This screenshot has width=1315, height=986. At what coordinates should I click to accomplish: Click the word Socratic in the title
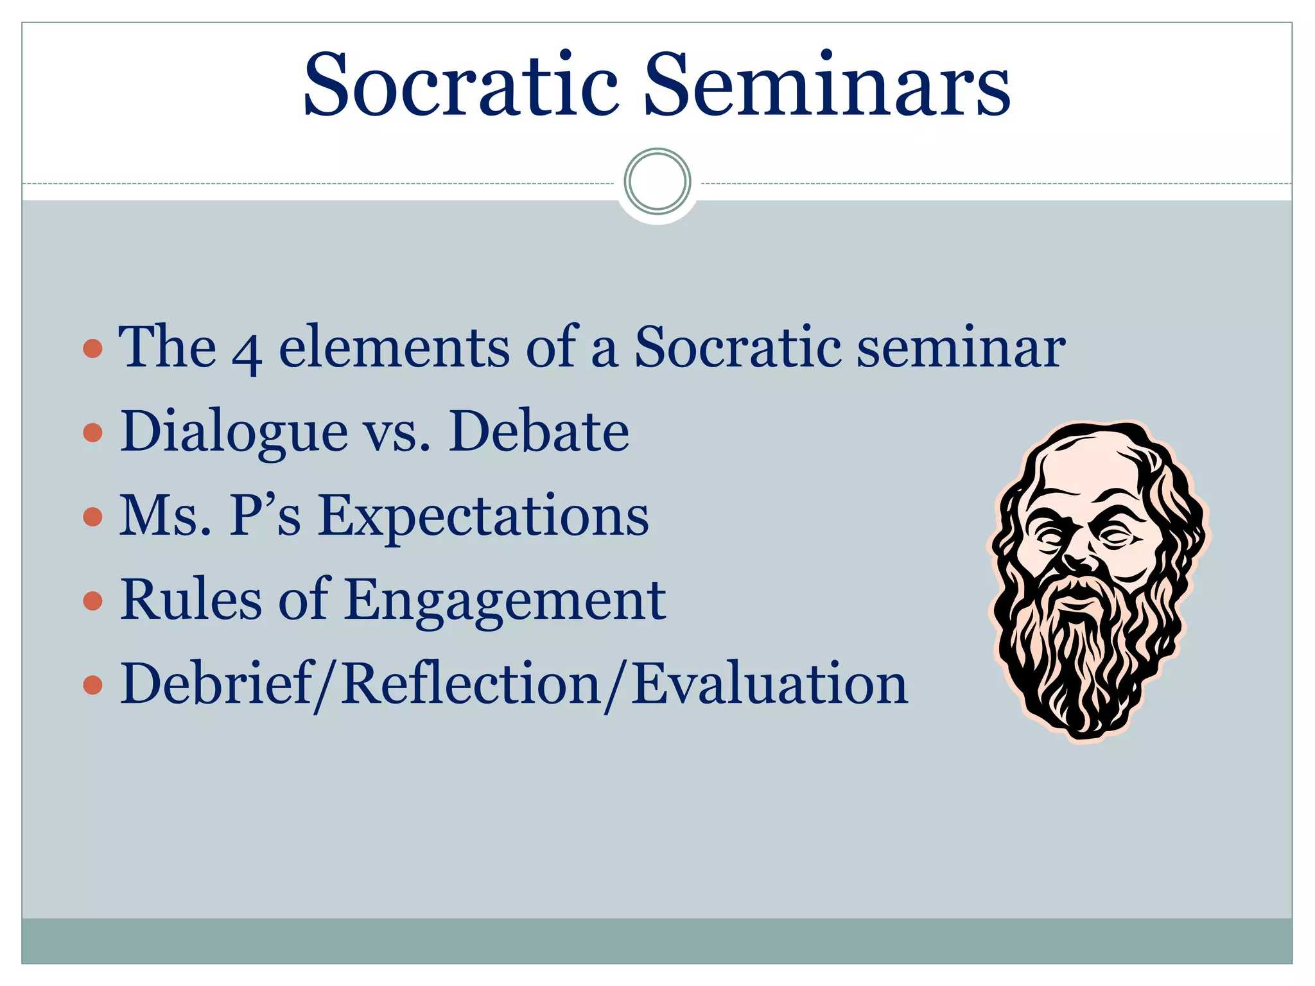[460, 85]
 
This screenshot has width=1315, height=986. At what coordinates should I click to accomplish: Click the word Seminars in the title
[826, 85]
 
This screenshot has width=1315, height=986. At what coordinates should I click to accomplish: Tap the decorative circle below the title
[657, 181]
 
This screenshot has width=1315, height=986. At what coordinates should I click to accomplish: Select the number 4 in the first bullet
[247, 352]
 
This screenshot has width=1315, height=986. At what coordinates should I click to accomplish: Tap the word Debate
[539, 431]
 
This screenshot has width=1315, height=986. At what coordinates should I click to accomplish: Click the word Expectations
[483, 517]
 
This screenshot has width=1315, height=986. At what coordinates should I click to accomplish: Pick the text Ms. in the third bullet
[165, 515]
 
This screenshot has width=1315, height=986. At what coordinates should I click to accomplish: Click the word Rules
[191, 600]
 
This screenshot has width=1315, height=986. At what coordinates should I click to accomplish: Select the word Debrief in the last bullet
[216, 684]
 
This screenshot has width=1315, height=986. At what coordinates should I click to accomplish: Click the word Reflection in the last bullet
[471, 684]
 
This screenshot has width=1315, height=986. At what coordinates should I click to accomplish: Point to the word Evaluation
[769, 684]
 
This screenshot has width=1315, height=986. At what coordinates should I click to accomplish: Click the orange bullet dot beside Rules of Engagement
[93, 601]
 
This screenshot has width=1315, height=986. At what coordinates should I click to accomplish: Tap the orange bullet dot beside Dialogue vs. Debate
[93, 433]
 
